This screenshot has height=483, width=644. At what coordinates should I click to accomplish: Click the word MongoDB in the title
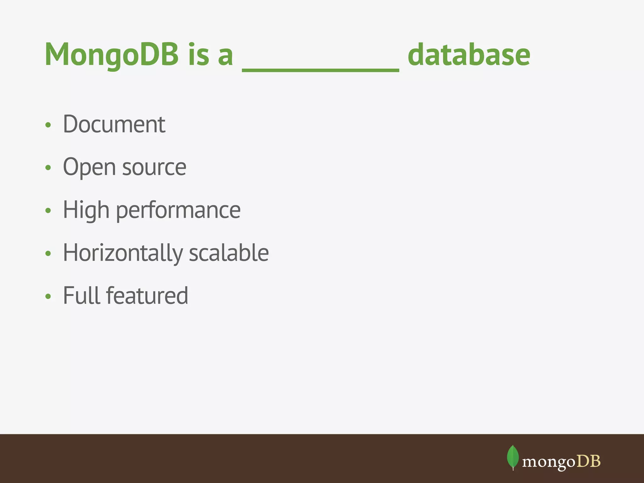click(x=112, y=55)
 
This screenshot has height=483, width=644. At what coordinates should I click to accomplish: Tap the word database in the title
click(x=469, y=55)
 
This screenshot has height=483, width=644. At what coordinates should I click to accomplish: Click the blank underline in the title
click(x=320, y=70)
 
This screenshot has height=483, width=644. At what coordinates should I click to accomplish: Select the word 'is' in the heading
click(x=199, y=55)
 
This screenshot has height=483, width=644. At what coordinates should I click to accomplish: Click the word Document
click(x=114, y=124)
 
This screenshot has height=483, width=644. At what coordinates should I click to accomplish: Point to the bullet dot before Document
click(x=48, y=125)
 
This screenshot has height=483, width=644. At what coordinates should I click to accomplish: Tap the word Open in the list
click(x=89, y=167)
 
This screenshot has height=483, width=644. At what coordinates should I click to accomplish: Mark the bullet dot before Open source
click(x=48, y=168)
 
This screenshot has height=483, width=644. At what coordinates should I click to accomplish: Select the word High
click(x=86, y=210)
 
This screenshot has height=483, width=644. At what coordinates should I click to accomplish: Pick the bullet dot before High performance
click(x=48, y=211)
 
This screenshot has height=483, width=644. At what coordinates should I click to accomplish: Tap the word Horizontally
click(x=123, y=253)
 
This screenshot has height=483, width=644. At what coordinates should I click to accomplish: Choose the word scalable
click(x=229, y=253)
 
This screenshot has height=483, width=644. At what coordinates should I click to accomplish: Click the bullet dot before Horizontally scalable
click(x=48, y=253)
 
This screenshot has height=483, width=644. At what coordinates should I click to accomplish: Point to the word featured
click(x=147, y=296)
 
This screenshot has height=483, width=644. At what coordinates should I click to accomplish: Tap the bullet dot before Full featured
click(x=48, y=296)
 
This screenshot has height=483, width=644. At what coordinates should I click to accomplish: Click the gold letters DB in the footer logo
click(x=589, y=461)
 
